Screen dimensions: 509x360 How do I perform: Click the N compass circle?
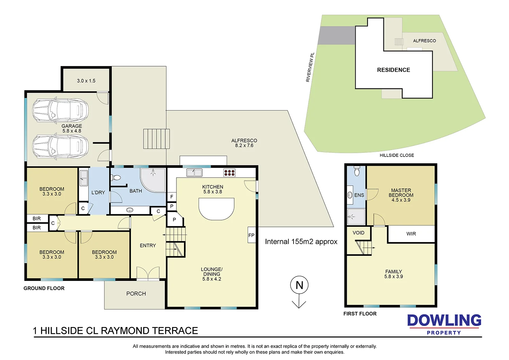pyautogui.click(x=299, y=285)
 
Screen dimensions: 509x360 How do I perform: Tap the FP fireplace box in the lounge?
pyautogui.click(x=251, y=235)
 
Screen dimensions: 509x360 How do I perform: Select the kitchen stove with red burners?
pyautogui.click(x=229, y=173)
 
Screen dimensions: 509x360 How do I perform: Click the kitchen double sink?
pyautogui.click(x=194, y=173)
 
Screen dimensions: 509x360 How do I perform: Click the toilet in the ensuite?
pyautogui.click(x=357, y=171)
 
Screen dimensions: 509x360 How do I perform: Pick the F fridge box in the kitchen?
pyautogui.click(x=172, y=197)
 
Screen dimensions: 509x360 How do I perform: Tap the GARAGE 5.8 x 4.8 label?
pyautogui.click(x=72, y=128)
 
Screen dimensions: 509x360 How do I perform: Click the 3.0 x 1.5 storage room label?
pyautogui.click(x=86, y=81)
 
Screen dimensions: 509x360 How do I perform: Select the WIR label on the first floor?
pyautogui.click(x=411, y=234)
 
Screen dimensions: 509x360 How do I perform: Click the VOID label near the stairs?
pyautogui.click(x=359, y=233)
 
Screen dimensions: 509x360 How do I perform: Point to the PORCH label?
pyautogui.click(x=136, y=293)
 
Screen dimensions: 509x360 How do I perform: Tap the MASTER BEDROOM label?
pyautogui.click(x=401, y=193)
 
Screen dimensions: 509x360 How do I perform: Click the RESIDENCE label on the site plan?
pyautogui.click(x=394, y=70)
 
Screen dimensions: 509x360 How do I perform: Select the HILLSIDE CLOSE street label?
pyautogui.click(x=397, y=155)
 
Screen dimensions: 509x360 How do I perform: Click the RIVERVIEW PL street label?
pyautogui.click(x=310, y=67)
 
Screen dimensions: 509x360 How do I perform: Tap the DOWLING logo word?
pyautogui.click(x=444, y=320)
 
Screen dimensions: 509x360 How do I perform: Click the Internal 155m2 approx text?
pyautogui.click(x=301, y=241)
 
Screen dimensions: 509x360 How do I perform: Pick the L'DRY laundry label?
pyautogui.click(x=98, y=192)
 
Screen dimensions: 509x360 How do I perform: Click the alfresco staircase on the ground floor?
pyautogui.click(x=156, y=139)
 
